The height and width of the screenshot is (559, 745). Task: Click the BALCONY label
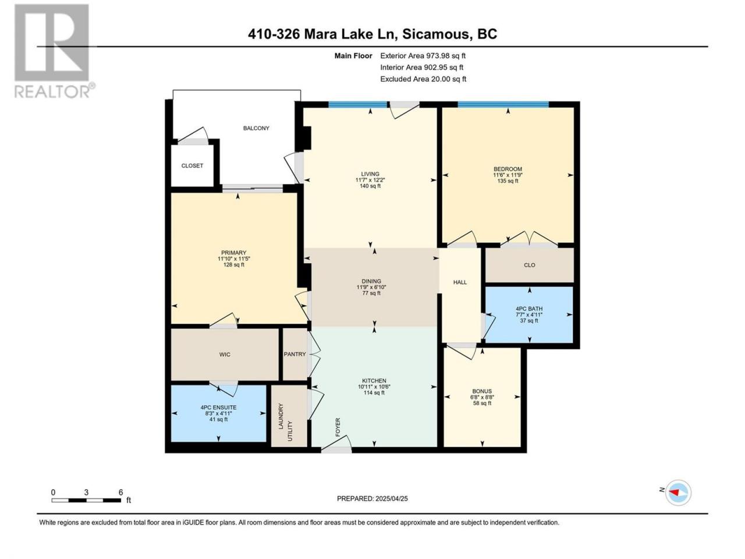point(256,128)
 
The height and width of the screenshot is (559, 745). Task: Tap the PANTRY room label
point(295,354)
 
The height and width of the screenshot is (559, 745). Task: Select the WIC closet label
point(225,355)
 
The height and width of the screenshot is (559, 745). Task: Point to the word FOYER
point(338,427)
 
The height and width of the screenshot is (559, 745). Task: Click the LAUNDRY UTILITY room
point(289,416)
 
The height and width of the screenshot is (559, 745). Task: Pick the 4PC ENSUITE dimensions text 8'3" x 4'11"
point(219,413)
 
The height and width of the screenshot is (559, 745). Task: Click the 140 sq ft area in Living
point(370,186)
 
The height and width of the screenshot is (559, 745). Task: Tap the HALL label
point(460,282)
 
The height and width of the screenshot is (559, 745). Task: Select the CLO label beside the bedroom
point(530,265)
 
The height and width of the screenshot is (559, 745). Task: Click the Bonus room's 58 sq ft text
point(483,403)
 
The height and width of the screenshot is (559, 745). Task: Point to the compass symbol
point(678,493)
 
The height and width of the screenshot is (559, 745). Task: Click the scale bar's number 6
point(121,492)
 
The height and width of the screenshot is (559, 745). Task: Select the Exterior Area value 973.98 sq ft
point(445,56)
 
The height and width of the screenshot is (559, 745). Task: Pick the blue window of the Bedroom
point(503,105)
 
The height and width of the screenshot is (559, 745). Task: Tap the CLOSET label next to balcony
point(192,165)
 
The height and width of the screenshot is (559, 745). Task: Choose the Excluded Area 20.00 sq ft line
point(423,79)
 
